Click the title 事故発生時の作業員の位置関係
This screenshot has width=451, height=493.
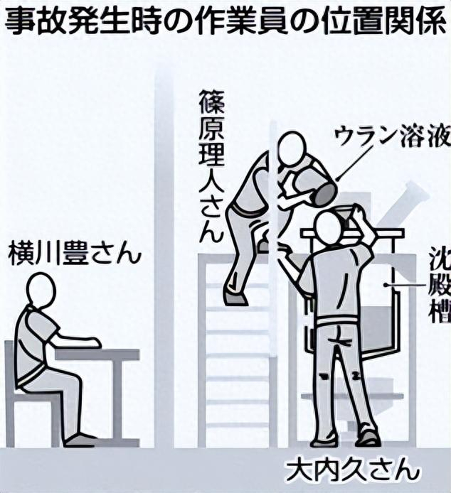pyautogui.click(x=225, y=21)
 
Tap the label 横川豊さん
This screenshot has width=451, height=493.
pyautogui.click(x=75, y=254)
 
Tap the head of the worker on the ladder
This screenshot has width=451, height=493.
pyautogui.click(x=291, y=149)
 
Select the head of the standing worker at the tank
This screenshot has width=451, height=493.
pyautogui.click(x=329, y=227)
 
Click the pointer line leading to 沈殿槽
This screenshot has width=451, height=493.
pyautogui.click(x=405, y=285)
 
